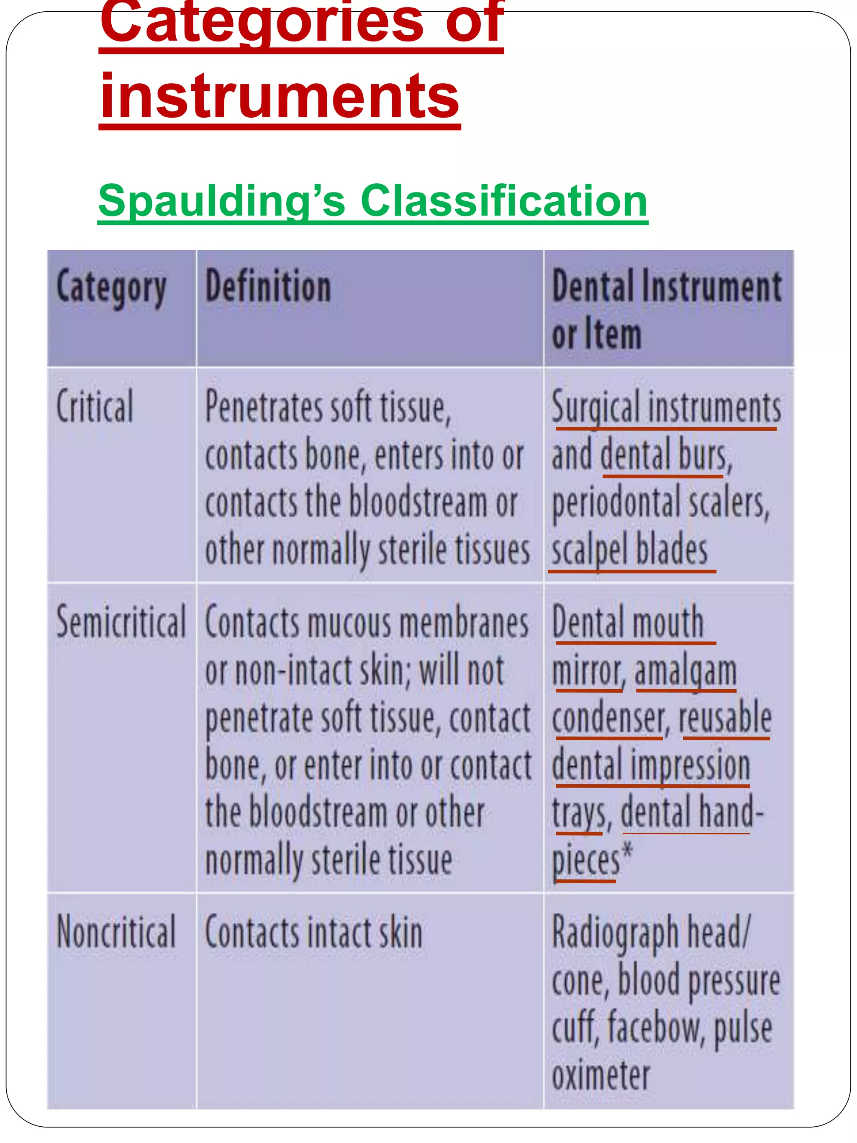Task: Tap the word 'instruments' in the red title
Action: click(x=280, y=97)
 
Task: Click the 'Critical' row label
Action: click(x=95, y=407)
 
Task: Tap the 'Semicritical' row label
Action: click(x=121, y=622)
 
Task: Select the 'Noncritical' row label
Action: click(x=116, y=932)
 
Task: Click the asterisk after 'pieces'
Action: click(x=627, y=852)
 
